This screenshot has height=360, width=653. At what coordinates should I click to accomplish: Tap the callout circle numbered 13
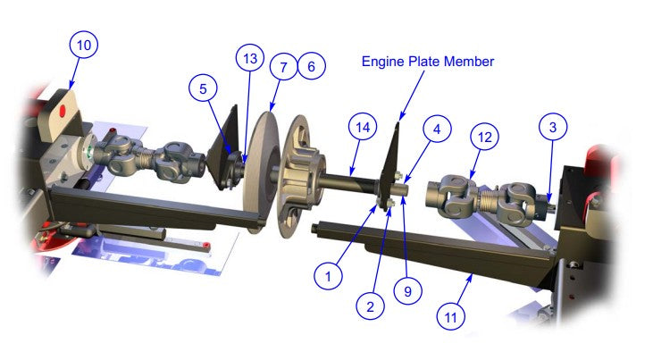[250, 59]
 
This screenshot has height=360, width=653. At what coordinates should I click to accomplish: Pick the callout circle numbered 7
[283, 67]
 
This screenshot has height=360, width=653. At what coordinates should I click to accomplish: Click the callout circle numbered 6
[310, 67]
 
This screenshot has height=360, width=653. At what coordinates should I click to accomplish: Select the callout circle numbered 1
[330, 275]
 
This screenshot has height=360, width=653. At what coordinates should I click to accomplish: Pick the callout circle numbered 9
[409, 290]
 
